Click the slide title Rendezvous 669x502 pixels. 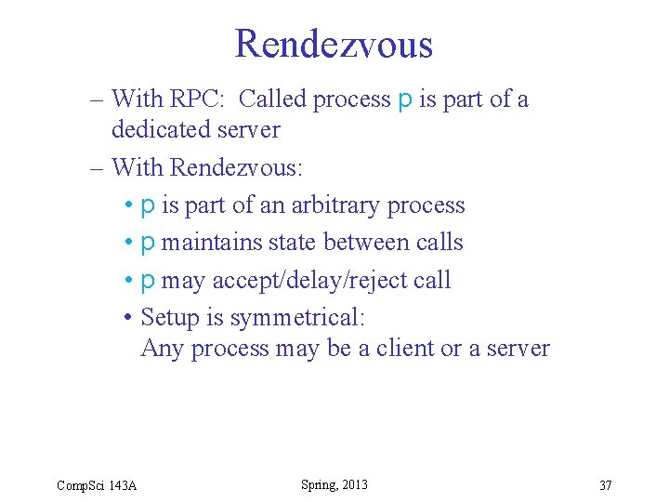334,44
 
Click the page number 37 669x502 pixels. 605,485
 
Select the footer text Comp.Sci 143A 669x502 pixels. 97,485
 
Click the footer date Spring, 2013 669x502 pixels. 334,484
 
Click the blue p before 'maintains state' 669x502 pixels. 148,244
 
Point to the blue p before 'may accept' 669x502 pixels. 148,281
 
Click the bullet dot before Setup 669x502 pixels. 127,318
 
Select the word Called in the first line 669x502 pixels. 278,99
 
